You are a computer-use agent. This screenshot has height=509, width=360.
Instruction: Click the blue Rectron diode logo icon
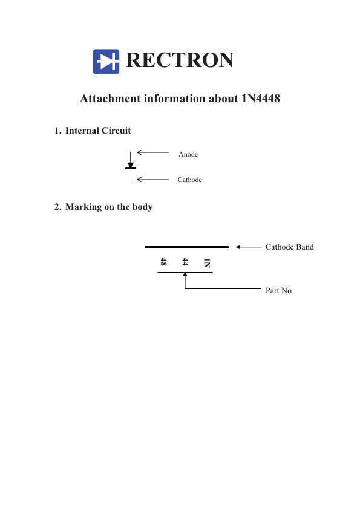106,61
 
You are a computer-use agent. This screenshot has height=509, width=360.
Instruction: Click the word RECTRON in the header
180,60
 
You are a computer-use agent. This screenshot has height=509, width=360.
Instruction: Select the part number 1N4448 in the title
261,99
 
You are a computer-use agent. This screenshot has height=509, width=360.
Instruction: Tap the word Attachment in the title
111,99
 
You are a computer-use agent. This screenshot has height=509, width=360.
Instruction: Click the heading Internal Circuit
98,131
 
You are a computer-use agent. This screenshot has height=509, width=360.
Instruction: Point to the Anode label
188,154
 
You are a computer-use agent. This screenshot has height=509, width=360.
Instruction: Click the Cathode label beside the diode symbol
190,180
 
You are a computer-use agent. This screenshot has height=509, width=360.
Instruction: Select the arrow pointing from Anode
153,152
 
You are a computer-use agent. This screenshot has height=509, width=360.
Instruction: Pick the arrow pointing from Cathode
153,180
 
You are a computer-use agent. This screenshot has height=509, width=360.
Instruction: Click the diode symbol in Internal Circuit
131,166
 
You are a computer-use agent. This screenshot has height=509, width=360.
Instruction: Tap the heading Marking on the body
109,207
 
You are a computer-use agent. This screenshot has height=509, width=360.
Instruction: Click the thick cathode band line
187,247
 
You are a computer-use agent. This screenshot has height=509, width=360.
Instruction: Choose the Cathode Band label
289,247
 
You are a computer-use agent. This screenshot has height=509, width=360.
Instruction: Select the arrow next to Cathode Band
249,247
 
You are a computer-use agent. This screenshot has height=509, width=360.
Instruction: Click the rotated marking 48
163,262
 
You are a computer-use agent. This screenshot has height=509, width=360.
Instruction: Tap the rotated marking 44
185,262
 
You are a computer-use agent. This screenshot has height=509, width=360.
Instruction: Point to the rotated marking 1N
207,262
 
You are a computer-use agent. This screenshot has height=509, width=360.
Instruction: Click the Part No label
278,291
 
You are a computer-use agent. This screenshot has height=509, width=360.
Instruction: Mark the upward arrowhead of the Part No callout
185,274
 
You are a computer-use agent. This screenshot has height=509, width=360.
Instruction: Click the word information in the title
174,99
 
